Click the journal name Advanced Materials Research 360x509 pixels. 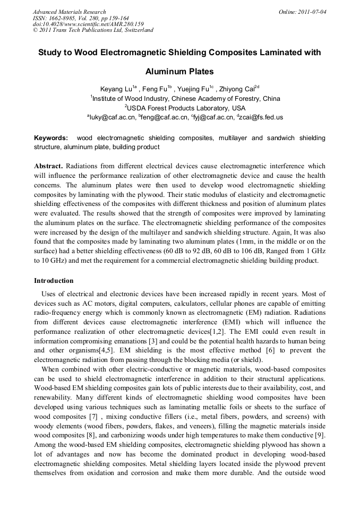pyautogui.click(x=69, y=12)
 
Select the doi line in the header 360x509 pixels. pyautogui.click(x=88, y=24)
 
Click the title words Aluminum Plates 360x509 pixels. pyautogui.click(x=179, y=71)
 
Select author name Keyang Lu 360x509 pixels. pyautogui.click(x=116, y=89)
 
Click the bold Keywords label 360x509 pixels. pyautogui.click(x=50, y=138)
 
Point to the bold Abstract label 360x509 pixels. pyautogui.click(x=48, y=166)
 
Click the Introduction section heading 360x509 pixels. pyautogui.click(x=54, y=281)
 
